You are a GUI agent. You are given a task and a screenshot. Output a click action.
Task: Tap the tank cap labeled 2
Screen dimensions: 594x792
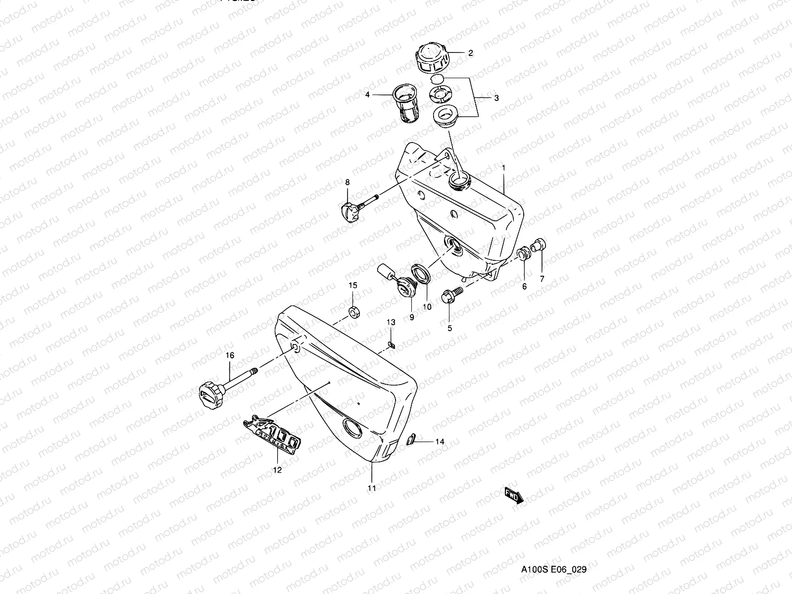click(432, 58)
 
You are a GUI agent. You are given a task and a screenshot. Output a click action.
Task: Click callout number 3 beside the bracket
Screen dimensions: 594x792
click(496, 98)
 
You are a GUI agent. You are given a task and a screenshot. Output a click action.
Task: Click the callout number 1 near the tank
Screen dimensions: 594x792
click(504, 168)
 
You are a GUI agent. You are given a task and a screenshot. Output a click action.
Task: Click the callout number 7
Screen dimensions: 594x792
click(542, 279)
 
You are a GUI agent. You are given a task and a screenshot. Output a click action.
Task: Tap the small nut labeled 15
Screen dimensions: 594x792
click(354, 312)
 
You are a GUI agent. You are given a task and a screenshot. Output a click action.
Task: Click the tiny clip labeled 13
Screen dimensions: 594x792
click(391, 345)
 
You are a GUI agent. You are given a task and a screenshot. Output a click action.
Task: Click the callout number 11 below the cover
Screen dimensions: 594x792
click(372, 488)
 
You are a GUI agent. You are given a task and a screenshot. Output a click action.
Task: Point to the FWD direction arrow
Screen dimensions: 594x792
click(513, 495)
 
